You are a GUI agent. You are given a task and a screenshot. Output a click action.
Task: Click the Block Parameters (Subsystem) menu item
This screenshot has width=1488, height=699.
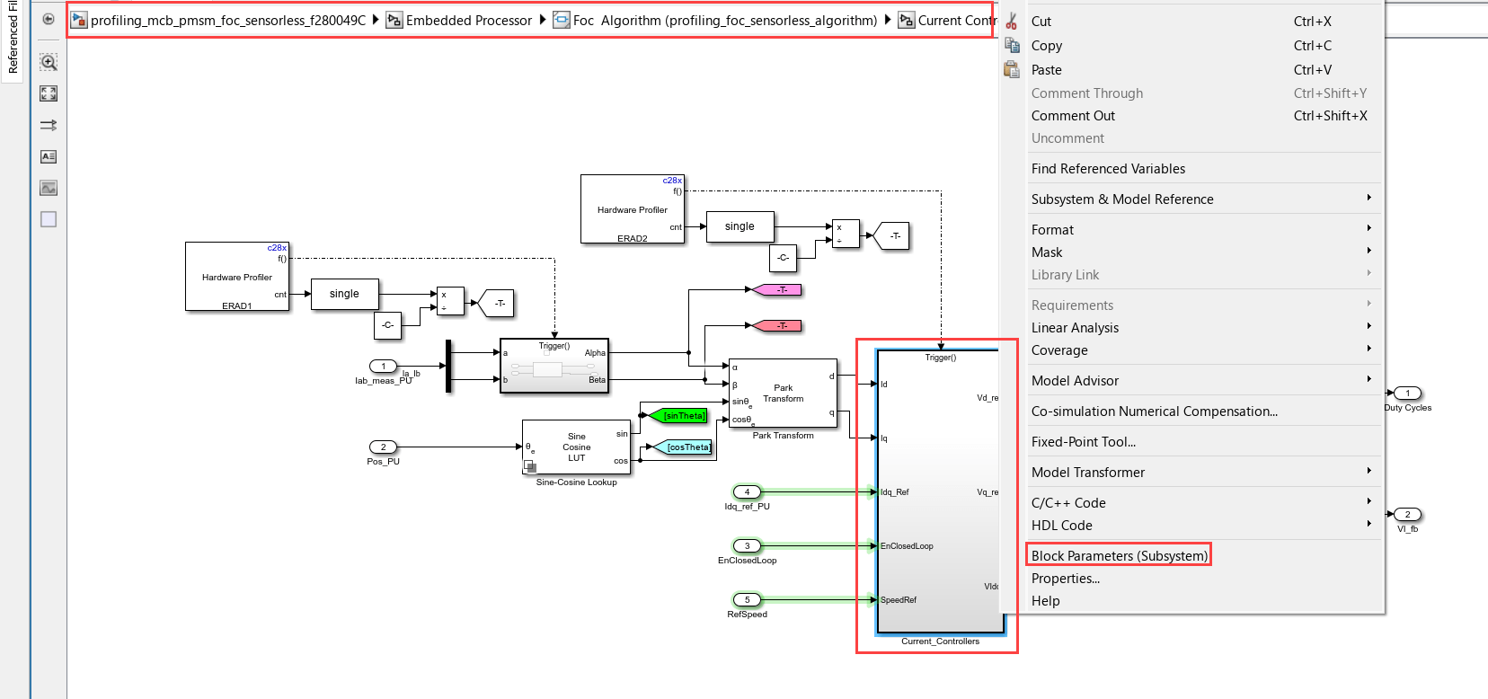pos(1119,555)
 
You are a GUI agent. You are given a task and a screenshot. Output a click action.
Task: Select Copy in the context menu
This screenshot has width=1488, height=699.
pos(1047,46)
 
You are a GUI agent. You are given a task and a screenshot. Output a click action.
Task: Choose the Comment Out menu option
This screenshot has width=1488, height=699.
pos(1073,116)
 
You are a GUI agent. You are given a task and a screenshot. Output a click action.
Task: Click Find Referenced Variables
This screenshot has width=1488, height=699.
pos(1108,169)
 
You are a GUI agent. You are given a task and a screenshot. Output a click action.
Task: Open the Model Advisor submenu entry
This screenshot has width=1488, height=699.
pos(1075,381)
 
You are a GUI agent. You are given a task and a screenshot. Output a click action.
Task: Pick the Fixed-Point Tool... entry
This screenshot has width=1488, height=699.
pos(1083,442)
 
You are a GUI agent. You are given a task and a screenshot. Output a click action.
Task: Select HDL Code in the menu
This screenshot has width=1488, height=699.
pos(1061,526)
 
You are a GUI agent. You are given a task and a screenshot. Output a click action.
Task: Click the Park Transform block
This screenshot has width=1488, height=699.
pos(783,394)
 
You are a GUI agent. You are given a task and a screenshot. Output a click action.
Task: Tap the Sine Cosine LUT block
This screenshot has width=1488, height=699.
pos(576,447)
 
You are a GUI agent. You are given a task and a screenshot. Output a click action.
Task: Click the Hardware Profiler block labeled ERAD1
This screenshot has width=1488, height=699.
pos(237,277)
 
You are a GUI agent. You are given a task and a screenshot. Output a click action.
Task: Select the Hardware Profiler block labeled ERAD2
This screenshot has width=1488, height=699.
pos(632,209)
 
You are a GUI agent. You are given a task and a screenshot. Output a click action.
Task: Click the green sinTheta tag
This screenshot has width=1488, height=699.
pos(684,416)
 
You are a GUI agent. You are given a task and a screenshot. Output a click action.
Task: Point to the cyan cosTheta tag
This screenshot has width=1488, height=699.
pos(688,447)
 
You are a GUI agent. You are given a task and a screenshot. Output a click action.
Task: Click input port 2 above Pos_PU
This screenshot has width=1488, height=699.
pos(383,447)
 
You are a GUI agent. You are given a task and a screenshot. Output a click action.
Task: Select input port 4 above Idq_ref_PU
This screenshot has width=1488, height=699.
pos(747,491)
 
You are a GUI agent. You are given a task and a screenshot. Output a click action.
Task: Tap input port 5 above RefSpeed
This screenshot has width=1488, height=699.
pos(747,599)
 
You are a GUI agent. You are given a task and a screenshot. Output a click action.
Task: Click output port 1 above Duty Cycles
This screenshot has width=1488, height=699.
pos(1407,393)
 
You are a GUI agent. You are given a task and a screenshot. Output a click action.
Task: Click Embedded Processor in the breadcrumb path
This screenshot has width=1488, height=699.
pos(468,21)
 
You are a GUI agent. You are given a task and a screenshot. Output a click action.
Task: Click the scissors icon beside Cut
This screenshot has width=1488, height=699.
pos(1012,22)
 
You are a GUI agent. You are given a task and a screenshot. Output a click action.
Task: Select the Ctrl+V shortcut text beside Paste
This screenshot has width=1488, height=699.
pos(1312,70)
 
